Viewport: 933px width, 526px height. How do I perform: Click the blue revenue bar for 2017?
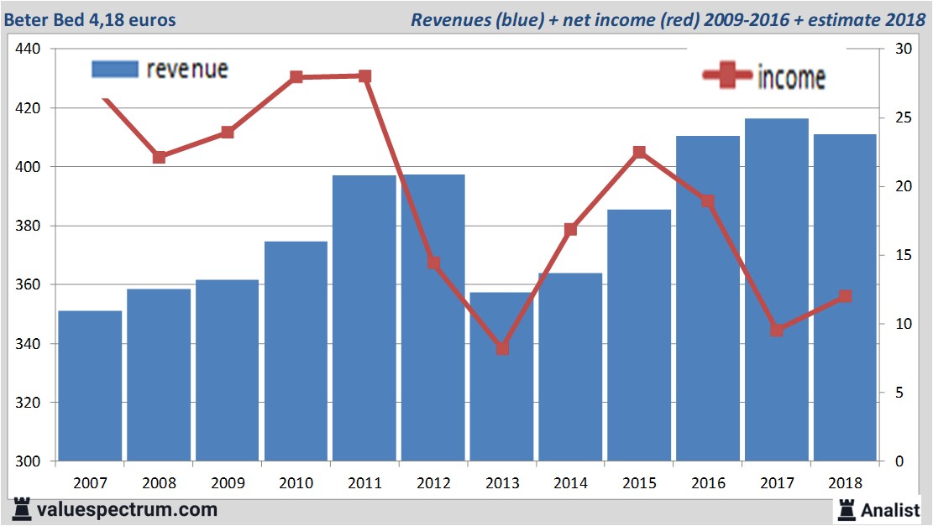click(776, 289)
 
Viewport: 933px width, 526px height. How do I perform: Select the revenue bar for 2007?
click(90, 386)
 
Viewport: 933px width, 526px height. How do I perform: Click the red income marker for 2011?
click(364, 76)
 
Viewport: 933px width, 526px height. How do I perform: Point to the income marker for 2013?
click(502, 348)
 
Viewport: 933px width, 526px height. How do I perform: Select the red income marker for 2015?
click(639, 153)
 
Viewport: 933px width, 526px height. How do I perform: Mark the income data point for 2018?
click(845, 296)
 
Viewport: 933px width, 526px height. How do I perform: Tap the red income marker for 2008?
click(159, 157)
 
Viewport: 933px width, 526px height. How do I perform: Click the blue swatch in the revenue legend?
click(114, 69)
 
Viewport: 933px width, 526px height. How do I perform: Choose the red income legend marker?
click(726, 76)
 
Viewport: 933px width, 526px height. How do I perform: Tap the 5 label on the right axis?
click(899, 393)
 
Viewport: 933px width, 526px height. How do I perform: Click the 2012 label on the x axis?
click(433, 483)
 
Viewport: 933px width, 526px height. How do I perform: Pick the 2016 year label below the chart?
click(708, 483)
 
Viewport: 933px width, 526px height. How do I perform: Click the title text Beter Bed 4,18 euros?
click(91, 19)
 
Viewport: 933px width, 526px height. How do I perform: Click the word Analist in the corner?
click(891, 509)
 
